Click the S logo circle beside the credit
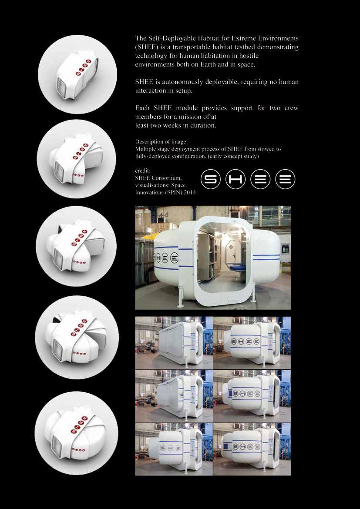point(211,179)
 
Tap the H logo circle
point(235,179)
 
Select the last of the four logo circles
point(285,179)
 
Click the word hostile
point(248,56)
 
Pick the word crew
point(292,108)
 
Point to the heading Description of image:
point(161,142)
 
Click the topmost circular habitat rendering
point(77,74)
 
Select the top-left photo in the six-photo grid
point(174,343)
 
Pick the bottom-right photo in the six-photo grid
point(252,449)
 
